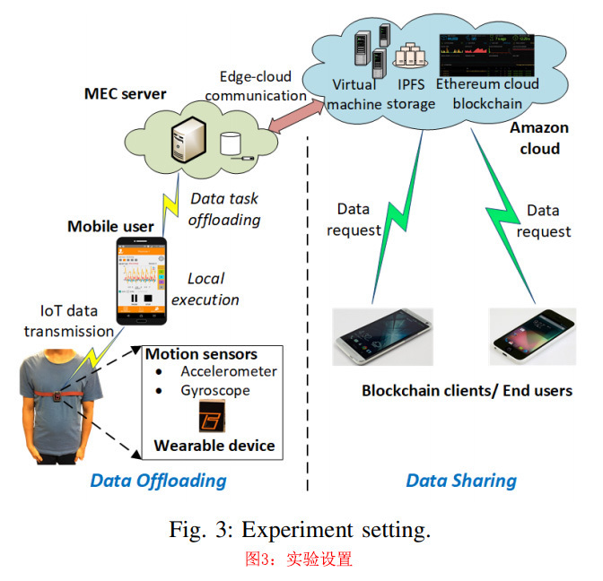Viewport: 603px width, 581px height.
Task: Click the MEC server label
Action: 125,92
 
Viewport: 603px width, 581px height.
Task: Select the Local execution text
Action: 205,289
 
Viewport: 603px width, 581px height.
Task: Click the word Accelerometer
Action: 227,371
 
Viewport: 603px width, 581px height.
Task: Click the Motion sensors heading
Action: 201,354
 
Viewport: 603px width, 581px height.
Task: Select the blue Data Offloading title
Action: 158,481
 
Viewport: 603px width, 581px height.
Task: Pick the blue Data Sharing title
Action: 461,481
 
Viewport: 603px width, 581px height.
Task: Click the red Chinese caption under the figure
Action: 300,559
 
